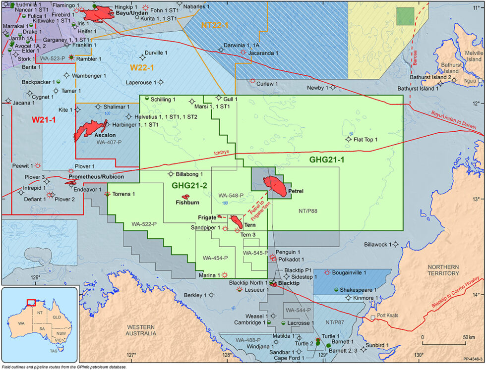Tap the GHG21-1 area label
(326, 160)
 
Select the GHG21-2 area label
(189, 185)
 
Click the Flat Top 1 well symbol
(349, 139)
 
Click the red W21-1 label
(44, 120)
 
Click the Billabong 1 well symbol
(171, 174)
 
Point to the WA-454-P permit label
(215, 258)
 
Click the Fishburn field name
(187, 202)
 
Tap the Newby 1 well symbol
(333, 88)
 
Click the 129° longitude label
(323, 355)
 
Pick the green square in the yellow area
(405, 16)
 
